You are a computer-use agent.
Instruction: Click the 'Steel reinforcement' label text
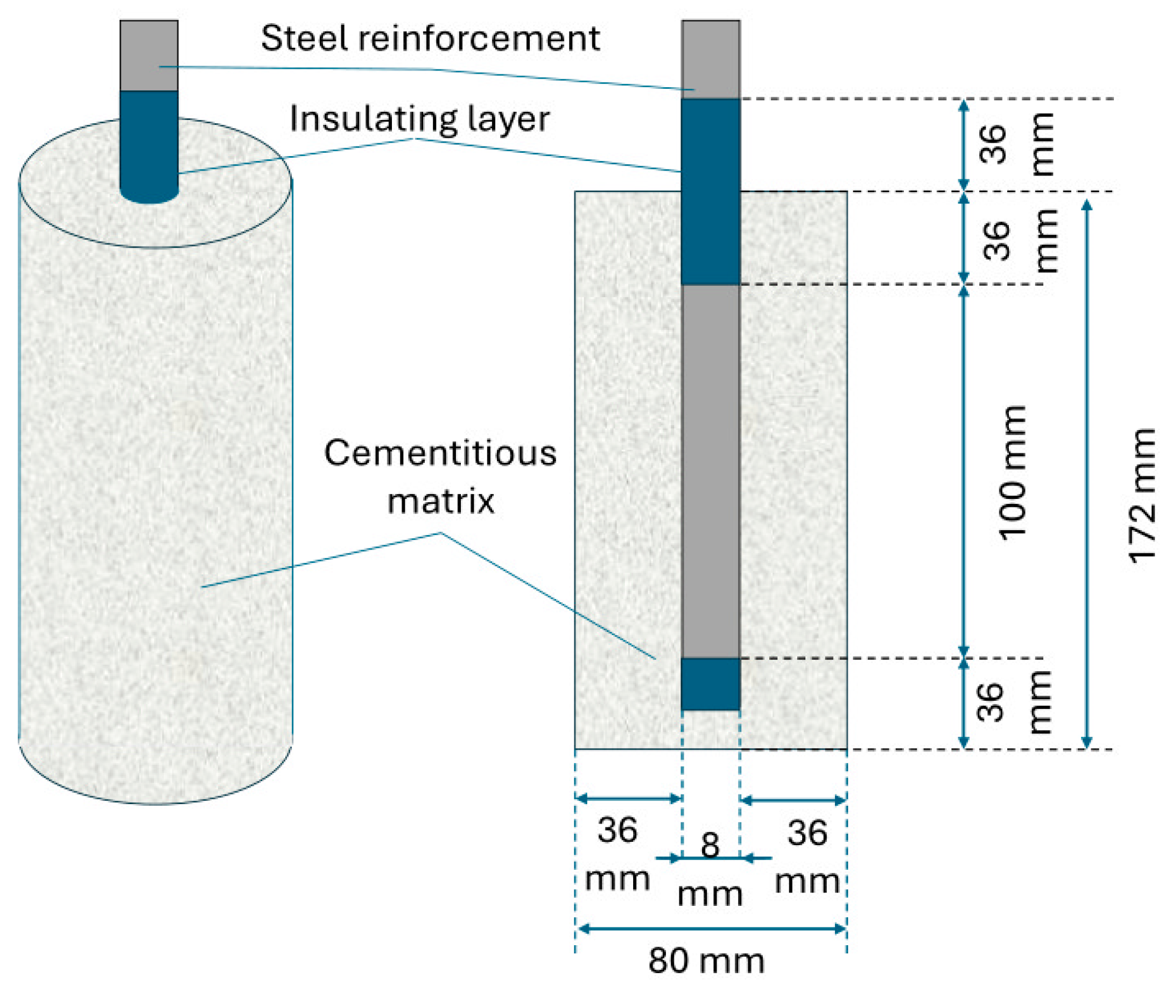pyautogui.click(x=430, y=38)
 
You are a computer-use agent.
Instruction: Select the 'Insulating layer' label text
pyautogui.click(x=419, y=119)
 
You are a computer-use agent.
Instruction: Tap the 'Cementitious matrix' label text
pyautogui.click(x=440, y=477)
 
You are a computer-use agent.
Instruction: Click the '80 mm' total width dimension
pyautogui.click(x=706, y=961)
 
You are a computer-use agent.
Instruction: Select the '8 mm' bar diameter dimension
pyautogui.click(x=710, y=869)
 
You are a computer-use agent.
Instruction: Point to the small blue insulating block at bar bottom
pyautogui.click(x=710, y=684)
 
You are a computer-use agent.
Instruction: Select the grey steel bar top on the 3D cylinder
pyautogui.click(x=149, y=55)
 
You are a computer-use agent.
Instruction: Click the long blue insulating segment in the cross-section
pyautogui.click(x=710, y=191)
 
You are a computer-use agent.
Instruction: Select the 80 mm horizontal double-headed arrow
pyautogui.click(x=711, y=929)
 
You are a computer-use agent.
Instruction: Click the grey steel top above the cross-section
pyautogui.click(x=710, y=59)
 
